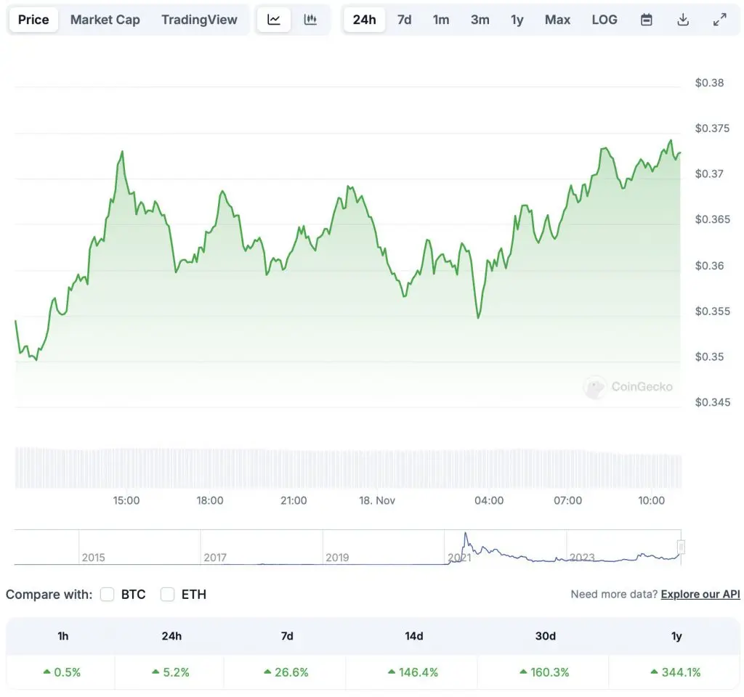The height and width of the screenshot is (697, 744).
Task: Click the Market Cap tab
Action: pyautogui.click(x=105, y=20)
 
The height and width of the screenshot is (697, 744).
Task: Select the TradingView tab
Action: pyautogui.click(x=199, y=20)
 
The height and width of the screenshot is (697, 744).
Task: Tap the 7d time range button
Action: pyautogui.click(x=404, y=20)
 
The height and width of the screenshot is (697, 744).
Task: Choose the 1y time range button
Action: pyautogui.click(x=517, y=20)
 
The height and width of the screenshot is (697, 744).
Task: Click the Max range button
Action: pyautogui.click(x=557, y=20)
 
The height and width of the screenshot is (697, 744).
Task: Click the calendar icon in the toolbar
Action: pyautogui.click(x=646, y=20)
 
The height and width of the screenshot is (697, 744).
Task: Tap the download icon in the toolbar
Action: pyautogui.click(x=682, y=20)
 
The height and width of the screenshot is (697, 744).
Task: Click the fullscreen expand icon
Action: pyautogui.click(x=719, y=20)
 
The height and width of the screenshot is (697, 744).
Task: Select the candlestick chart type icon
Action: pyautogui.click(x=310, y=20)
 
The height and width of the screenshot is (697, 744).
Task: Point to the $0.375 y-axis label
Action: pyautogui.click(x=709, y=129)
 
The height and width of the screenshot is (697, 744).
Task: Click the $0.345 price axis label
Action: pyautogui.click(x=709, y=402)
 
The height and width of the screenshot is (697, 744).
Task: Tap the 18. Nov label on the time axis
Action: pyautogui.click(x=377, y=500)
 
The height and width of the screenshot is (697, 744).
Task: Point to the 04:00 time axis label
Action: pyautogui.click(x=489, y=500)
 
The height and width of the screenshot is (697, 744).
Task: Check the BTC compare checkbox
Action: pyautogui.click(x=108, y=595)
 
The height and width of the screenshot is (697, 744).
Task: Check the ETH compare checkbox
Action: pyautogui.click(x=168, y=595)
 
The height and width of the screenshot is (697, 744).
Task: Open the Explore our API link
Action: pyautogui.click(x=700, y=595)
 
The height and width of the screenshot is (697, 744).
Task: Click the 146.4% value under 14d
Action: pyautogui.click(x=413, y=672)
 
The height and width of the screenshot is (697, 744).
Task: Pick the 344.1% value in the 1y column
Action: pyautogui.click(x=676, y=672)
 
